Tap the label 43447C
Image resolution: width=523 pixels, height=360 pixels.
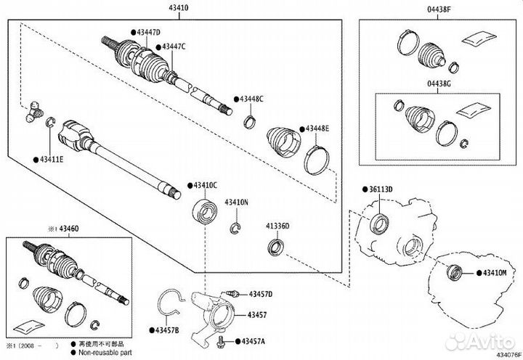174,46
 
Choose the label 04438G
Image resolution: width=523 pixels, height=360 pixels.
439,84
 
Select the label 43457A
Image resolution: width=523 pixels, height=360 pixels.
254,340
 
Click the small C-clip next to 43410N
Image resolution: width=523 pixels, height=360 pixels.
236,231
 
